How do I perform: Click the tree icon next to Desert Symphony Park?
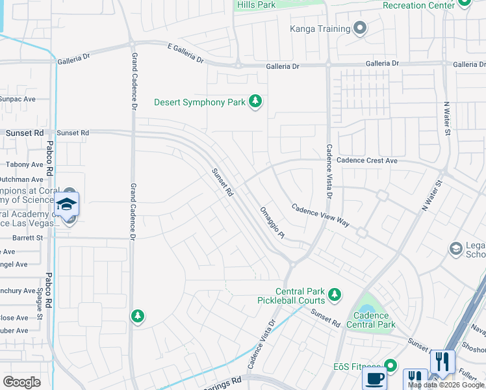256,101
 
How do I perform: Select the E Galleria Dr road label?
185,53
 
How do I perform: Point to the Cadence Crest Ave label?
366,161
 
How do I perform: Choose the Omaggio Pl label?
272,222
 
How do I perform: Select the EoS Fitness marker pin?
390,366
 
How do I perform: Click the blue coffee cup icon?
374,379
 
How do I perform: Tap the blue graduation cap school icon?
66,204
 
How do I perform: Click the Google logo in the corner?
22,382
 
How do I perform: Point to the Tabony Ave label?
25,165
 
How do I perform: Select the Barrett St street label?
27,238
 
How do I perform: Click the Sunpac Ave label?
18,99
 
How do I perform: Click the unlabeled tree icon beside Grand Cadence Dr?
137,316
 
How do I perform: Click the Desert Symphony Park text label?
199,102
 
